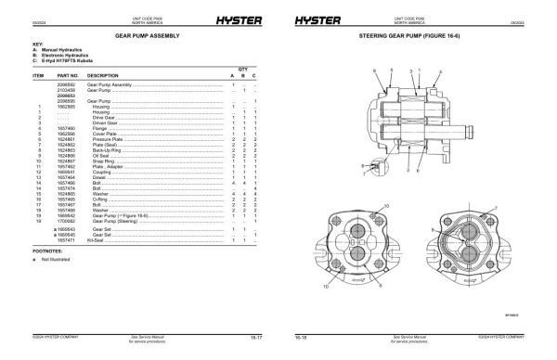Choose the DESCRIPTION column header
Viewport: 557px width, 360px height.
[x=103, y=75]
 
